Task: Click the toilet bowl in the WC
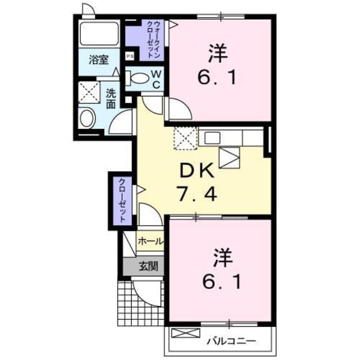click(x=139, y=79)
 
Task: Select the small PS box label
click(x=130, y=57)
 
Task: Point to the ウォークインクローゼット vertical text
click(x=155, y=39)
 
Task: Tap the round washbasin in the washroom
click(x=86, y=118)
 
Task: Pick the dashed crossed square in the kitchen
click(x=185, y=139)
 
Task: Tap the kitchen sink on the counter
click(x=214, y=137)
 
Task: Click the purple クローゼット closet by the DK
click(x=121, y=202)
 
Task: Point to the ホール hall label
click(x=149, y=241)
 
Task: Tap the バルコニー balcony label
click(x=231, y=341)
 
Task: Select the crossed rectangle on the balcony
click(x=185, y=332)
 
